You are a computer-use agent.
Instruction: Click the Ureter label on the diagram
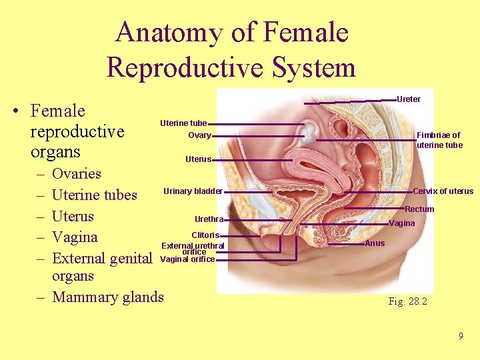(x=408, y=99)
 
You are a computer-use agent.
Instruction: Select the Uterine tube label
(x=183, y=123)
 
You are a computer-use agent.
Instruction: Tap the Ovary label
(x=199, y=136)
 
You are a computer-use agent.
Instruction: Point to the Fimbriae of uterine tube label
(x=439, y=140)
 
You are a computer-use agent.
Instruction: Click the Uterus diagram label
(x=198, y=159)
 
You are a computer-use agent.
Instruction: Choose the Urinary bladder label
(x=193, y=191)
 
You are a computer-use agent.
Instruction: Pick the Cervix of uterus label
(x=443, y=191)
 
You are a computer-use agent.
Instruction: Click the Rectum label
(x=419, y=209)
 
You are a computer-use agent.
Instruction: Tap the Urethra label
(x=208, y=219)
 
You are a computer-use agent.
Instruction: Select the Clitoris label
(x=205, y=235)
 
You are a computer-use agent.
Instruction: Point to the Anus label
(x=375, y=243)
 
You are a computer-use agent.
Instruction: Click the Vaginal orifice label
(x=188, y=259)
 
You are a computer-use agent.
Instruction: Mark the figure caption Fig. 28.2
(x=407, y=301)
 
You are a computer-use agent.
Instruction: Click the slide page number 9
(x=460, y=336)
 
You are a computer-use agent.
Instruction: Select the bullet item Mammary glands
(x=107, y=297)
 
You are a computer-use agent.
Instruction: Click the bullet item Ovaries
(x=76, y=174)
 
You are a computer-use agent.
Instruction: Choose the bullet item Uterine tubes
(x=94, y=195)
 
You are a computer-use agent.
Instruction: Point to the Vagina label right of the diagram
(x=401, y=223)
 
